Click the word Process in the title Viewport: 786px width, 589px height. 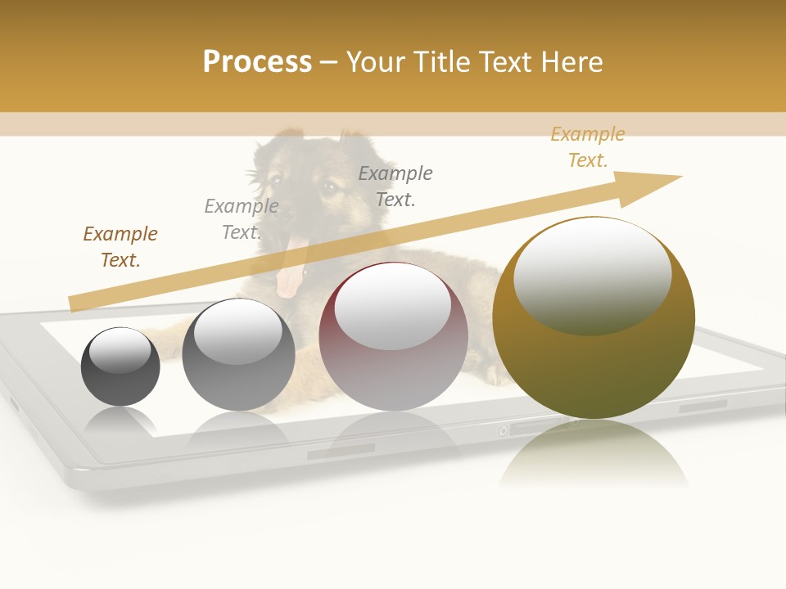257,62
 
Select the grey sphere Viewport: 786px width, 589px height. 238,376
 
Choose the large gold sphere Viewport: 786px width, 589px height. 594,368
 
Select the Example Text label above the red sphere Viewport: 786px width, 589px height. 395,187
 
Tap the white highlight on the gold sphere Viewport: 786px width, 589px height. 592,274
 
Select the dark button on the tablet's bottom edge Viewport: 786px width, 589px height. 341,451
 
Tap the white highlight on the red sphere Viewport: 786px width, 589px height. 393,307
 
